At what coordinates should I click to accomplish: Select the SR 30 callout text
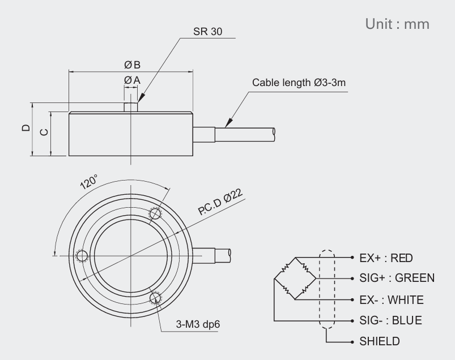pos(209,32)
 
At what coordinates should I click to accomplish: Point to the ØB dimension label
pos(132,65)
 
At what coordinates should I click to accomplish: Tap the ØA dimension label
pos(131,80)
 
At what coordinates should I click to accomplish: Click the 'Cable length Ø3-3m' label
pos(299,83)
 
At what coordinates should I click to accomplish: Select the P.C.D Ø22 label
pos(221,202)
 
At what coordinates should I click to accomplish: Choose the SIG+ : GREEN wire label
pos(397,278)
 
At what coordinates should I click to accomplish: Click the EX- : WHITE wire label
pos(391,299)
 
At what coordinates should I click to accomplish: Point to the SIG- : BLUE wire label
pos(390,320)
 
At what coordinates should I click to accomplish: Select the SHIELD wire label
pos(379,341)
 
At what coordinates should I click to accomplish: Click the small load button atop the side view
pos(131,106)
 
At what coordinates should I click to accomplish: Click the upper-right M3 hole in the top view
pos(155,213)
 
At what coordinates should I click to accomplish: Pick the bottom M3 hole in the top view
pos(155,298)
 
